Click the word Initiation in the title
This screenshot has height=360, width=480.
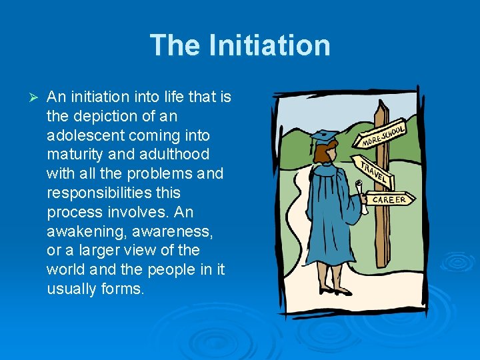[269, 45]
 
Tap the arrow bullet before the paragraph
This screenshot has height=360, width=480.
[27, 98]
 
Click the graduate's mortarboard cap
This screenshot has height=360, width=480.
[325, 137]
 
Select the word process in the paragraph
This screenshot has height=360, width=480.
[71, 212]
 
